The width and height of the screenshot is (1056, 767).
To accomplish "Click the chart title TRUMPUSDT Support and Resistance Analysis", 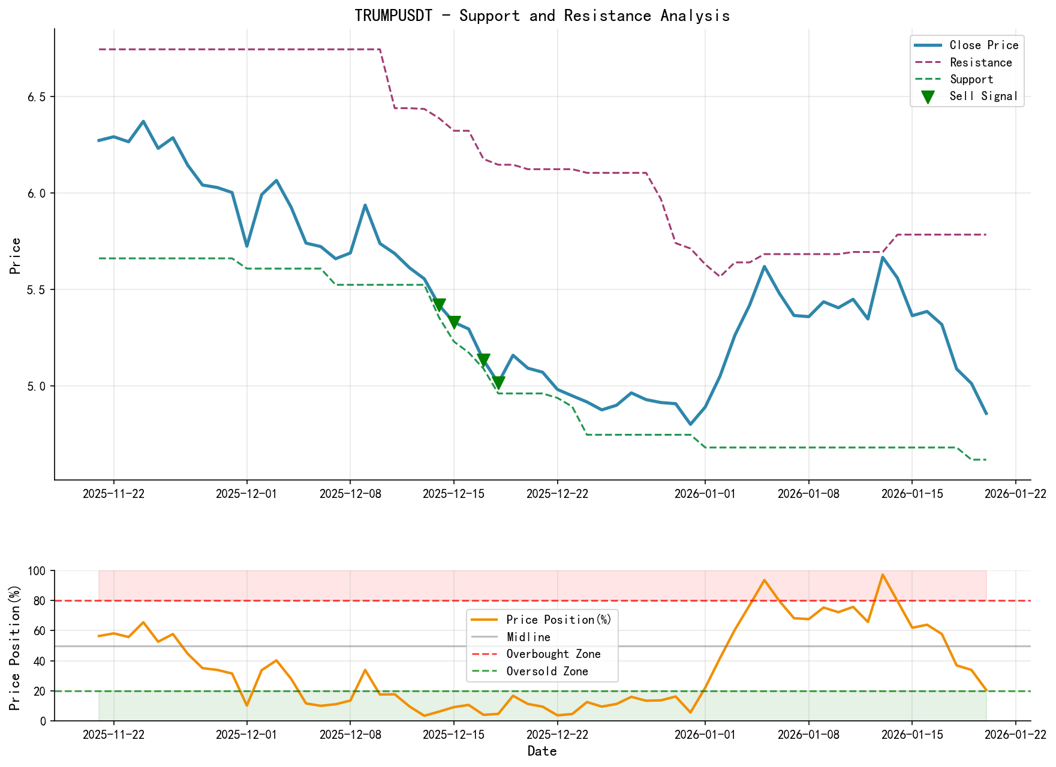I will coord(541,16).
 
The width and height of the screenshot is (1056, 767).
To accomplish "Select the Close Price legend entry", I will coord(983,46).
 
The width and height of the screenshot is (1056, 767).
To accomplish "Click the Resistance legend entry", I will coord(980,62).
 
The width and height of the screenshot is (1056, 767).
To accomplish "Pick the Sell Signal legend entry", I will coord(983,96).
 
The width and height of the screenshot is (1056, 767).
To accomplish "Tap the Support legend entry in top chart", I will coord(971,79).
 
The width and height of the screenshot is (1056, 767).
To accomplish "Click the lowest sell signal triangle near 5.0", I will coord(498,383).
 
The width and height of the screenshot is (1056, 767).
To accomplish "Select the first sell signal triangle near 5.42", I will coord(439,304).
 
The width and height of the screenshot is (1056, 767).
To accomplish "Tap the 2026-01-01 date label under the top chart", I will coord(705,494).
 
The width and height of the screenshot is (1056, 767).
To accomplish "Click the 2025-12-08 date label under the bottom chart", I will coord(350,735).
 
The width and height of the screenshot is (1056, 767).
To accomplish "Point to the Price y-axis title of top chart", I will coord(16,256).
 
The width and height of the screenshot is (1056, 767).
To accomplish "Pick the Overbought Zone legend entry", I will coord(553,654).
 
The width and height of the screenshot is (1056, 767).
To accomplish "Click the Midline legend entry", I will coord(528,637).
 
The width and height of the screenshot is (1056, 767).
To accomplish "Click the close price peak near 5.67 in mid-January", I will coord(882,258).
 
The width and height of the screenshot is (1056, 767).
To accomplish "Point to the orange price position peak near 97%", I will coord(882,575).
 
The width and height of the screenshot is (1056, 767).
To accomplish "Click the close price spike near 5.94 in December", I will coord(365,206).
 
